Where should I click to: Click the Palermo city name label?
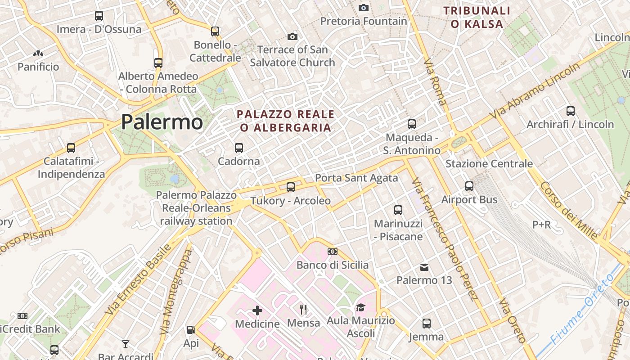(x=162, y=122)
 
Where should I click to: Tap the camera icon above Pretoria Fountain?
(x=364, y=8)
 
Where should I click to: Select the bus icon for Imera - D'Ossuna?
(x=99, y=16)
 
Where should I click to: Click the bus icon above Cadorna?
(x=239, y=148)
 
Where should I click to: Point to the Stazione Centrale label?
(x=489, y=163)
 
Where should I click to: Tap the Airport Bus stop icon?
(x=469, y=186)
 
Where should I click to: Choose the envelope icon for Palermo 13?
(x=424, y=267)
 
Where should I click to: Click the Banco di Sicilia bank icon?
(x=333, y=252)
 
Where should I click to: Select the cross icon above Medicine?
(x=257, y=310)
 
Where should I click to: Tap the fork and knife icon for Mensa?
(x=304, y=309)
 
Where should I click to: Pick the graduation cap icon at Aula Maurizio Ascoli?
(x=360, y=307)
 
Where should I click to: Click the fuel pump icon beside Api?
(x=191, y=330)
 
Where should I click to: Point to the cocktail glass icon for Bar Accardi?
(x=126, y=344)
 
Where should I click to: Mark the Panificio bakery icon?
(x=38, y=54)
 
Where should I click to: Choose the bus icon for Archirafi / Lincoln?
(x=571, y=111)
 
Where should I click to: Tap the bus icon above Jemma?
(x=426, y=323)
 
